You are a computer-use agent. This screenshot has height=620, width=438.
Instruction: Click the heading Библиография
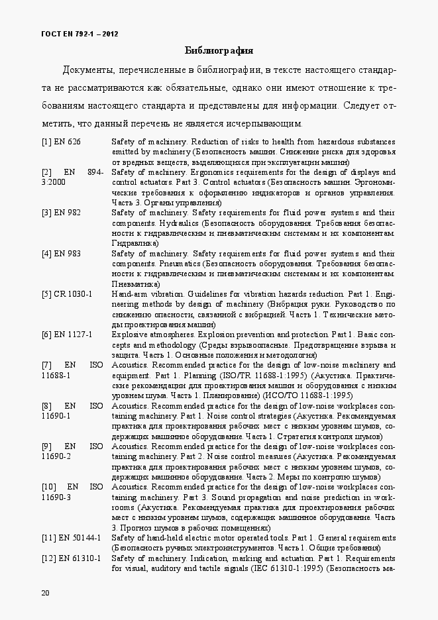tap(219, 50)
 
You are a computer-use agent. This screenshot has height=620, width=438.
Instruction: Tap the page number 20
tap(45, 592)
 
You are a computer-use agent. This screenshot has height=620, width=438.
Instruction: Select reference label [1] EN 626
tap(61, 142)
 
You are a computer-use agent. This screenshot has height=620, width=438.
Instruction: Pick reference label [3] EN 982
tap(61, 213)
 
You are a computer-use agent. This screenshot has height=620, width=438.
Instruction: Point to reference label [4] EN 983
tap(61, 253)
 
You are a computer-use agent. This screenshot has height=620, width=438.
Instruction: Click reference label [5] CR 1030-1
tap(67, 294)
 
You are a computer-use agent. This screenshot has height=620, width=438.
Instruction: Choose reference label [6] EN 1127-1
tap(67, 335)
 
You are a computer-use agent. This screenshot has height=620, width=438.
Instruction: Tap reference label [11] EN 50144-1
tap(70, 537)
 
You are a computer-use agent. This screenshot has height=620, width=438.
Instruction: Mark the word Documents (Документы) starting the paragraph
tap(89, 70)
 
